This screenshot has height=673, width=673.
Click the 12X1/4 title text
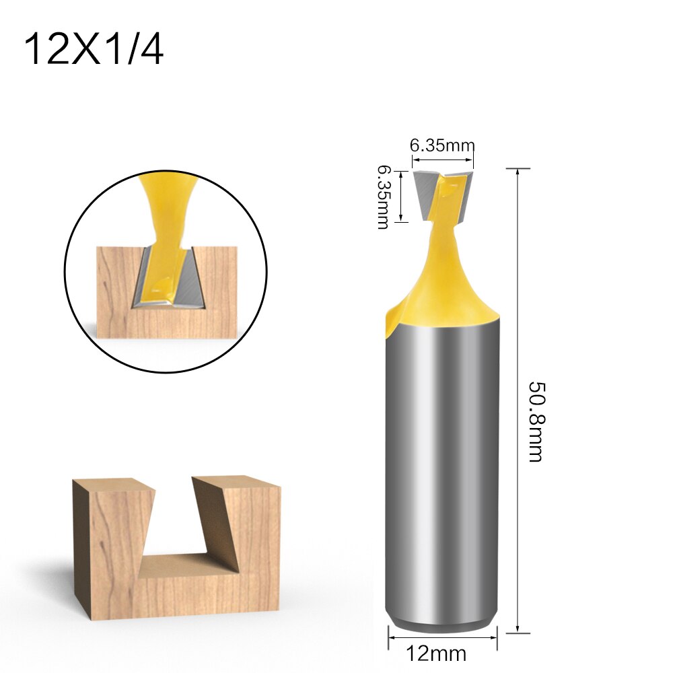pyautogui.click(x=94, y=49)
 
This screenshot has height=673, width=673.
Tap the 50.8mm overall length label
pyautogui.click(x=535, y=421)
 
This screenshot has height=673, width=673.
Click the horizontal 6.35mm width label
pyautogui.click(x=442, y=145)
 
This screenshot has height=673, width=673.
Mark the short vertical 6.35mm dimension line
pyautogui.click(x=402, y=195)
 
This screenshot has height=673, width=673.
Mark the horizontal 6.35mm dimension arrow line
pyautogui.click(x=442, y=160)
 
